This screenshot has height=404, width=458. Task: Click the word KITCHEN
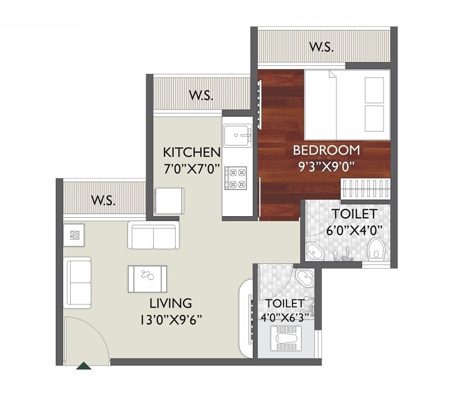pyautogui.click(x=192, y=151)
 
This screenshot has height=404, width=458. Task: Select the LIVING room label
pyautogui.click(x=170, y=303)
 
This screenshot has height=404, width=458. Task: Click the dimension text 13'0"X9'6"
pyautogui.click(x=171, y=320)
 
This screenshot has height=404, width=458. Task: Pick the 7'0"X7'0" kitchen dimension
pyautogui.click(x=192, y=169)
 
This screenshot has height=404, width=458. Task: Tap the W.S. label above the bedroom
pyautogui.click(x=321, y=47)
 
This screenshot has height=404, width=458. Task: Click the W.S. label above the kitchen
pyautogui.click(x=201, y=96)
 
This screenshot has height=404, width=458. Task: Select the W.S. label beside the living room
pyautogui.click(x=104, y=201)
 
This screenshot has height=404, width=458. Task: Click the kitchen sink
pyautogui.click(x=237, y=135)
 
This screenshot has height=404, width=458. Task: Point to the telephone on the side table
pyautogui.click(x=75, y=234)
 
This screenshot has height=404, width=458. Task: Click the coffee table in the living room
pyautogui.click(x=147, y=279)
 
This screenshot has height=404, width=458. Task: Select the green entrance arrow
pyautogui.click(x=84, y=366)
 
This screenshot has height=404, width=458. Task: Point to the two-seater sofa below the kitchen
pyautogui.click(x=153, y=236)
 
